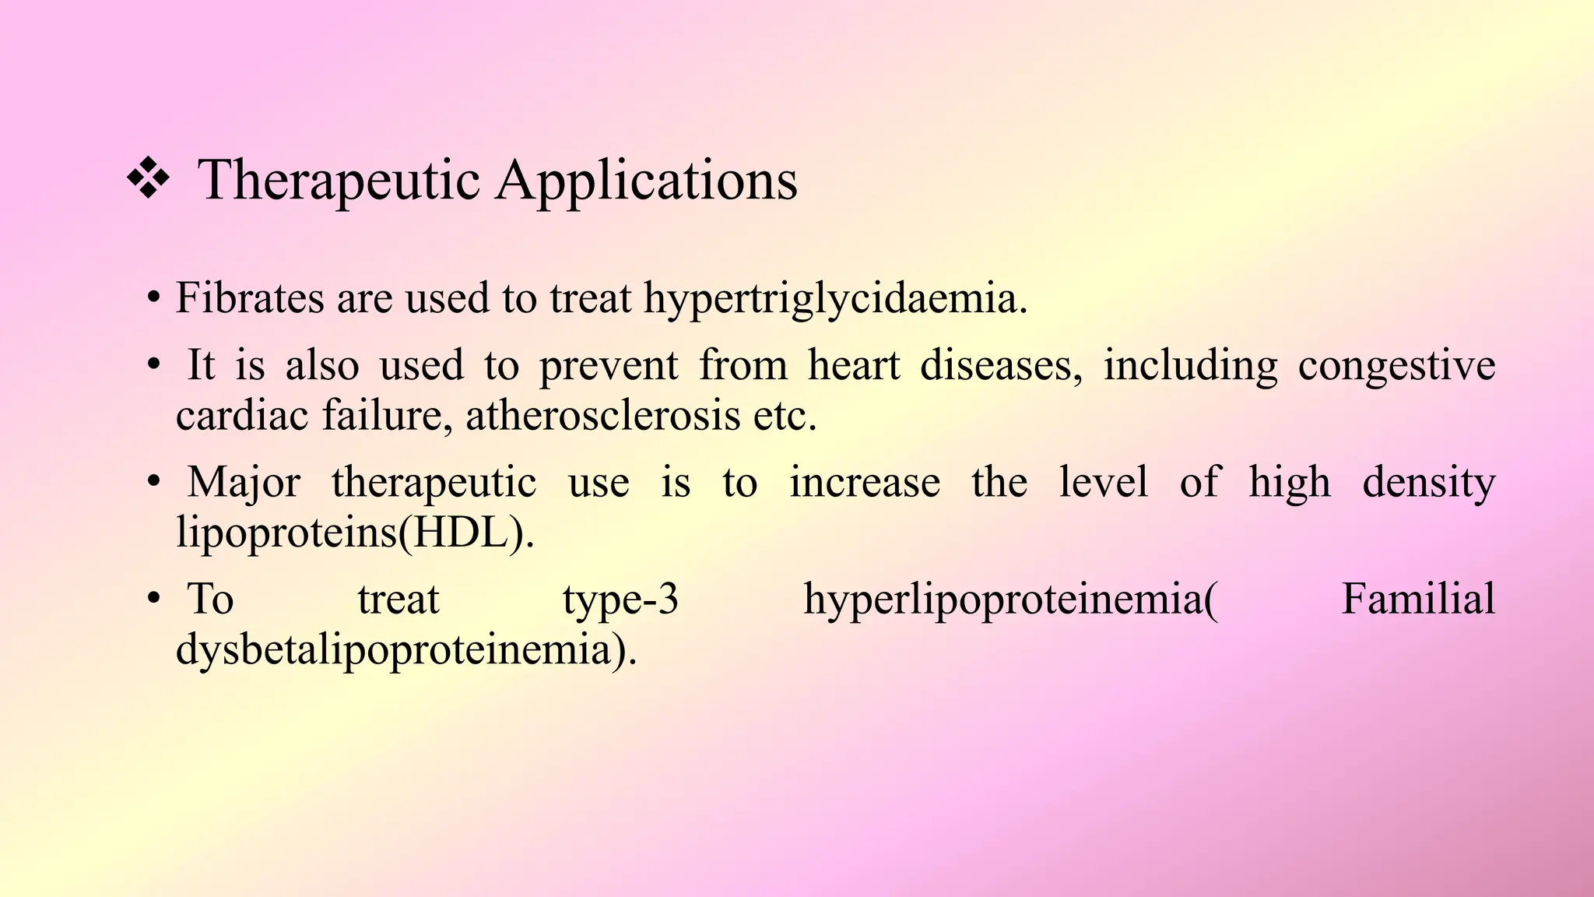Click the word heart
854,365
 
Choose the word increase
865,483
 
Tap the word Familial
1417,600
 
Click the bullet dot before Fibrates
153,298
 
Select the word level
1104,483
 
